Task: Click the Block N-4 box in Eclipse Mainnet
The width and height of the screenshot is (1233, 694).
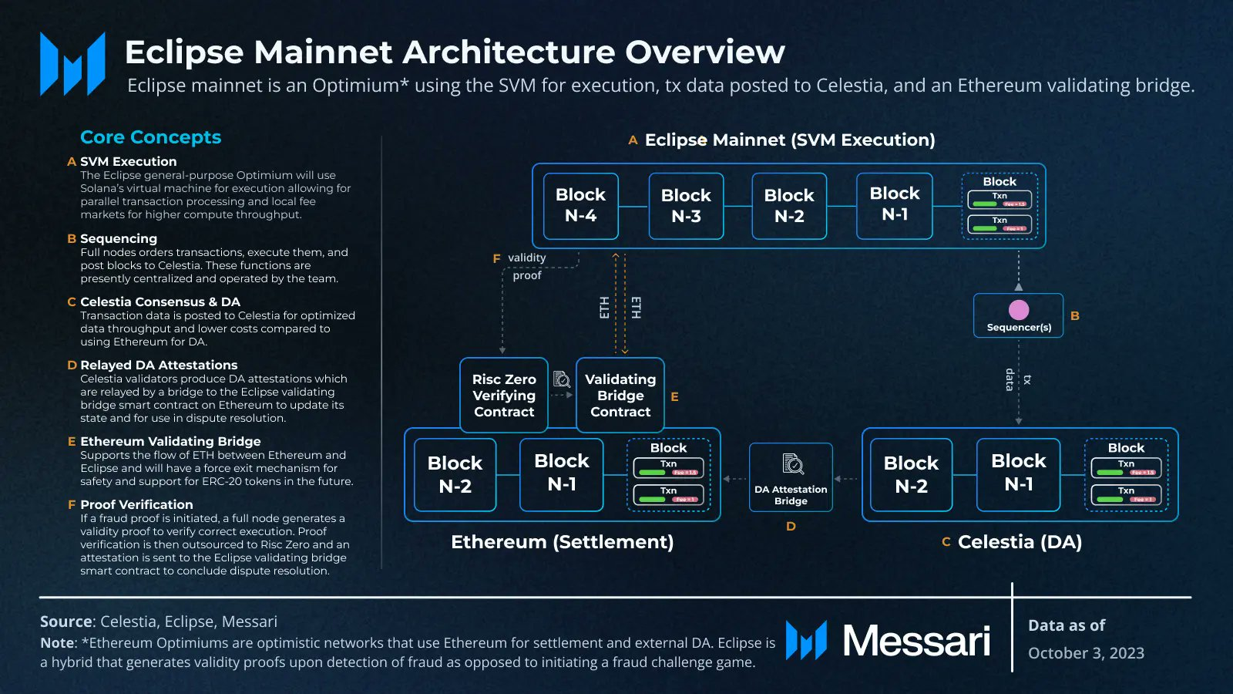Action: (x=580, y=205)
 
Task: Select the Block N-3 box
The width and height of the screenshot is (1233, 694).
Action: (x=686, y=206)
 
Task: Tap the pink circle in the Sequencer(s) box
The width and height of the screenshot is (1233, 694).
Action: (x=1019, y=309)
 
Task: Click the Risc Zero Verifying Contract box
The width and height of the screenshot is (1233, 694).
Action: (x=504, y=395)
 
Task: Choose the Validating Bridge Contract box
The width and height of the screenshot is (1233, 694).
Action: (x=620, y=395)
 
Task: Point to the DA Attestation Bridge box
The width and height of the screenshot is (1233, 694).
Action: (x=791, y=477)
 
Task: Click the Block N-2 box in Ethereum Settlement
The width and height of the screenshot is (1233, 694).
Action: (x=455, y=474)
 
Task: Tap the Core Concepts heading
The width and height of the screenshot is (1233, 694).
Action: (x=150, y=137)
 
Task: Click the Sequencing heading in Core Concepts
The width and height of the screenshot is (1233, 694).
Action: (x=119, y=238)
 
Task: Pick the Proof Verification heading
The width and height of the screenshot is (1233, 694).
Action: (x=136, y=504)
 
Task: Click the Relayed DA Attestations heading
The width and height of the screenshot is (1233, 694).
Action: (x=159, y=365)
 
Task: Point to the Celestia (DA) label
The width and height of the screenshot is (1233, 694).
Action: (x=1020, y=542)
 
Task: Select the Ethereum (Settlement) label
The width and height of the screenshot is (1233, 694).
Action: (x=562, y=542)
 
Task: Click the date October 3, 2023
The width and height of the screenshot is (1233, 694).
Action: (x=1086, y=653)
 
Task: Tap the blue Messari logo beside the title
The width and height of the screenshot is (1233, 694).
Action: (x=72, y=64)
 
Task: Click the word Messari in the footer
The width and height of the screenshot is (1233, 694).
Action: (x=916, y=641)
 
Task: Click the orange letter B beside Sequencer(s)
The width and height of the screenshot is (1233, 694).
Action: (x=1075, y=315)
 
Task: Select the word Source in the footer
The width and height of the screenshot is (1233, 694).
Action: (x=66, y=622)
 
